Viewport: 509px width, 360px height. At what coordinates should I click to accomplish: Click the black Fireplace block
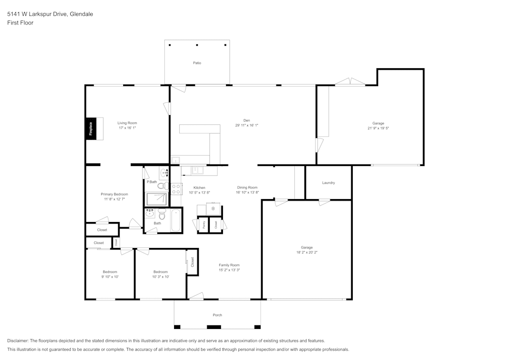pos(91,128)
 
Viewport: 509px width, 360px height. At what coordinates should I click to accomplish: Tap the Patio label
pos(197,63)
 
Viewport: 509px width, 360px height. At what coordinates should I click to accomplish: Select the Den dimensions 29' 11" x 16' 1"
pos(247,125)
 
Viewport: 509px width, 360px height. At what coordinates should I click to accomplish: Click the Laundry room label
pos(328,183)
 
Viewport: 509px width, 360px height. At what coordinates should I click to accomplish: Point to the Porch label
pos(217,315)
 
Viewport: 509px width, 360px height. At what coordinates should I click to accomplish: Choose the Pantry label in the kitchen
pos(204,225)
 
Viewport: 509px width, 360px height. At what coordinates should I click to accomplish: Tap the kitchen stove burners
pos(177,189)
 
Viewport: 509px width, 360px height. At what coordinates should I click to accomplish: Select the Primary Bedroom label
pos(114,194)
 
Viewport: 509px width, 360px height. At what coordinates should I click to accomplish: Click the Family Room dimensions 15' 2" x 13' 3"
pos(229,270)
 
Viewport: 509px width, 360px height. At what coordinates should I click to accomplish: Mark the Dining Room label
pos(247,187)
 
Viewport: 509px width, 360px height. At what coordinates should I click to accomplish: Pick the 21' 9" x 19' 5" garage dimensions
pos(378,128)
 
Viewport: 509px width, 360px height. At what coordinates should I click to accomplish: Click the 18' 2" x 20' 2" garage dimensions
pos(307,253)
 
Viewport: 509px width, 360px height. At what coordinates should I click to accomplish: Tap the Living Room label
pos(127,123)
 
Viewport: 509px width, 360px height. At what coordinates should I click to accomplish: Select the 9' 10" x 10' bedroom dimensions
pos(110,277)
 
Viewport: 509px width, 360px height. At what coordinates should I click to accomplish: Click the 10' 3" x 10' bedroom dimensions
pos(160,277)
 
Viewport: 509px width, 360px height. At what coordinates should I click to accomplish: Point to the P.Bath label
pos(152,182)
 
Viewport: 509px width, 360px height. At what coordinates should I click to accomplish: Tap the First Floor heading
pos(20,23)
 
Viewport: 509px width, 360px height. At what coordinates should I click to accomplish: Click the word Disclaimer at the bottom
pos(18,341)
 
